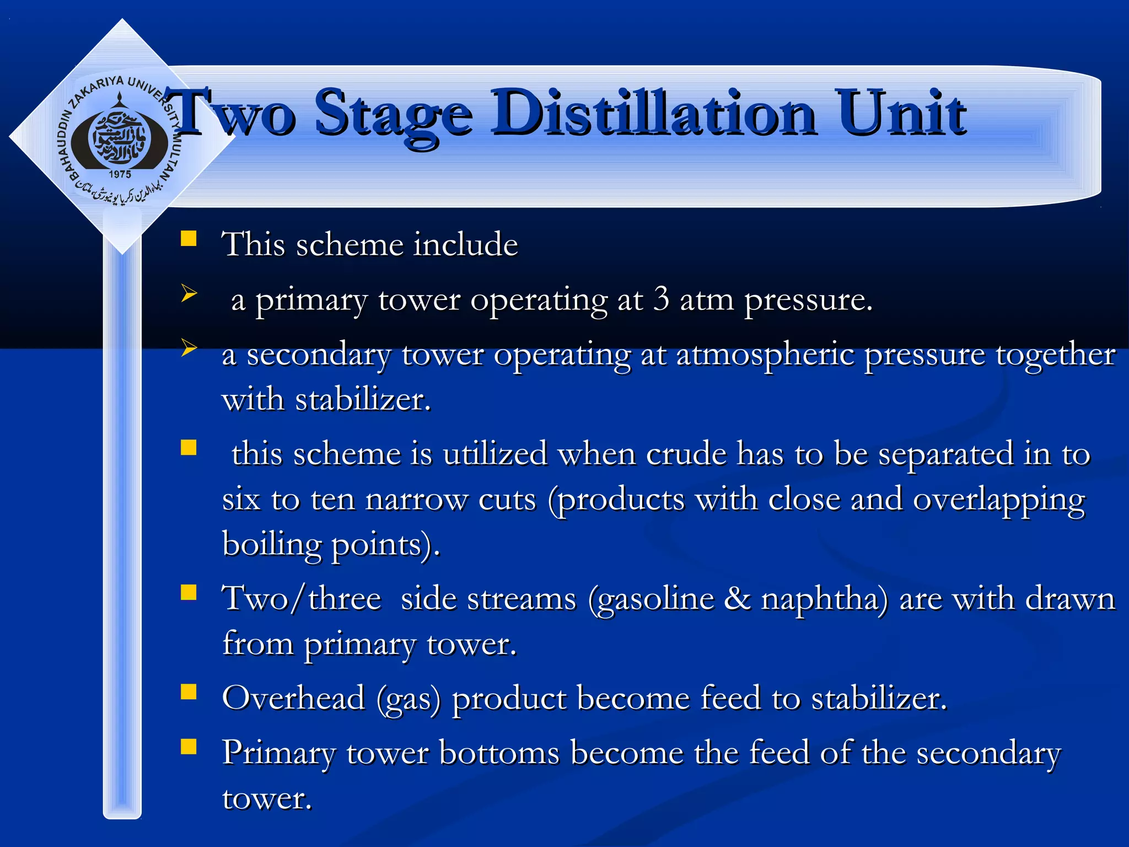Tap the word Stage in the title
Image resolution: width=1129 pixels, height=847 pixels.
point(393,116)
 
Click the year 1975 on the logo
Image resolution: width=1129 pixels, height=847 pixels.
point(120,174)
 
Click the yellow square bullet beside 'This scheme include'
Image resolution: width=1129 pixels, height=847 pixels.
point(189,238)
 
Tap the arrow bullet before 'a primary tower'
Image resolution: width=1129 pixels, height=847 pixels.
point(189,293)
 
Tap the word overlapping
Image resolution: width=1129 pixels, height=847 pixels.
point(999,501)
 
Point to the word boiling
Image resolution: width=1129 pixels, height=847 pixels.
point(272,545)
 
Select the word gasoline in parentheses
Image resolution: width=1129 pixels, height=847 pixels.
point(652,599)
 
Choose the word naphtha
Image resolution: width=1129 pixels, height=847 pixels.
point(824,599)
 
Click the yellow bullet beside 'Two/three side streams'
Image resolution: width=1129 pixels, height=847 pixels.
point(189,592)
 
